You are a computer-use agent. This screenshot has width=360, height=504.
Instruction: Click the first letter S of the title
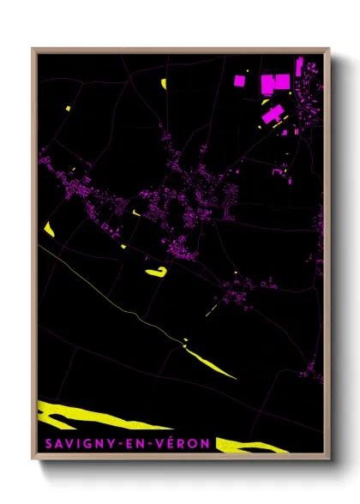pos(43,444)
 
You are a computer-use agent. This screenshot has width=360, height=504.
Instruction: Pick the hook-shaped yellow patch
pos(157,272)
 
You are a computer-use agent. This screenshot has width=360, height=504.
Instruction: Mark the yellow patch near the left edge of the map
pos(48,229)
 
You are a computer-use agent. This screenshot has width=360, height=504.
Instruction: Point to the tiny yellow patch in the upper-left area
pos(67,108)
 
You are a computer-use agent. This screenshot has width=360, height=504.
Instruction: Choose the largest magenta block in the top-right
pos(276,83)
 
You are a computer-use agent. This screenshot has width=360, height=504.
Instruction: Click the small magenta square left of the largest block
pos(241,81)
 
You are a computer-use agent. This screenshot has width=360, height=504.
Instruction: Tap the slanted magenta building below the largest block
pos(273,114)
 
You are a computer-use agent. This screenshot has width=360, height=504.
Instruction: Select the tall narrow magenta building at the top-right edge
pos(299,66)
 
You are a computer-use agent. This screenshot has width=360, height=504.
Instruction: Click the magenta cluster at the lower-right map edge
pos(317,374)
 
